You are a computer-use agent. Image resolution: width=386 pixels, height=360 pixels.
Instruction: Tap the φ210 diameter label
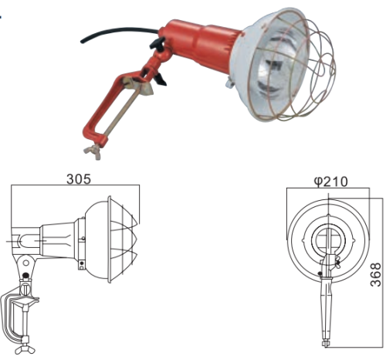(x=330, y=182)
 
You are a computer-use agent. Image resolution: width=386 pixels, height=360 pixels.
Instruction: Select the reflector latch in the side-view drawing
(x=81, y=267)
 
